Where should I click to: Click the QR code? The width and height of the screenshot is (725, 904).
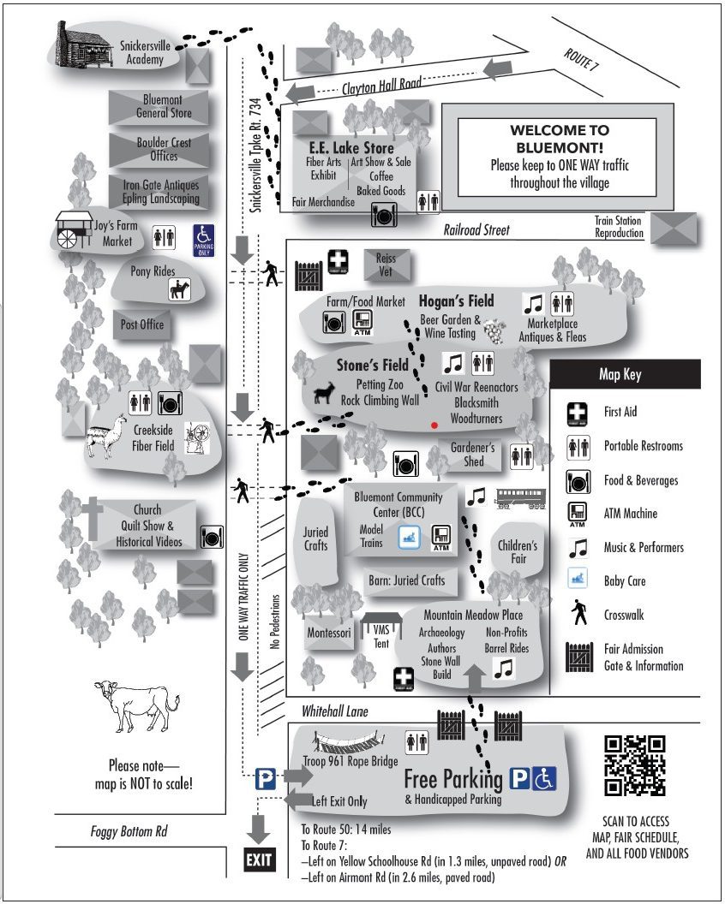634,765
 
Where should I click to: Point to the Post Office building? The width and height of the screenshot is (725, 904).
141,325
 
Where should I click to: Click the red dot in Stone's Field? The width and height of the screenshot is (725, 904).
434,425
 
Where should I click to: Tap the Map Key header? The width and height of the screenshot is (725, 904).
625,374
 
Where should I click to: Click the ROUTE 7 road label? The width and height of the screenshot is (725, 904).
582,64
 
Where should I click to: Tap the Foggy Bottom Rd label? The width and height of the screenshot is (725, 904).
129,830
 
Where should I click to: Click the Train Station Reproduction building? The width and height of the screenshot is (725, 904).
674,229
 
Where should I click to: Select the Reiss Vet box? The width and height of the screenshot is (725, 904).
386,265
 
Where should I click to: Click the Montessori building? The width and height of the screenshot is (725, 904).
329,633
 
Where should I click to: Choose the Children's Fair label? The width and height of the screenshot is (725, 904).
518,552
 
